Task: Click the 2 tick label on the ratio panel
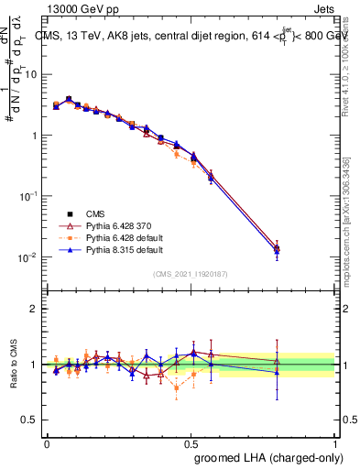coord(35,309)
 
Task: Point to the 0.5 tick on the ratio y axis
coord(31,420)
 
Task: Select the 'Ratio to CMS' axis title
coord(12,365)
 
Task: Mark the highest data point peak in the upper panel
coord(69,99)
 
